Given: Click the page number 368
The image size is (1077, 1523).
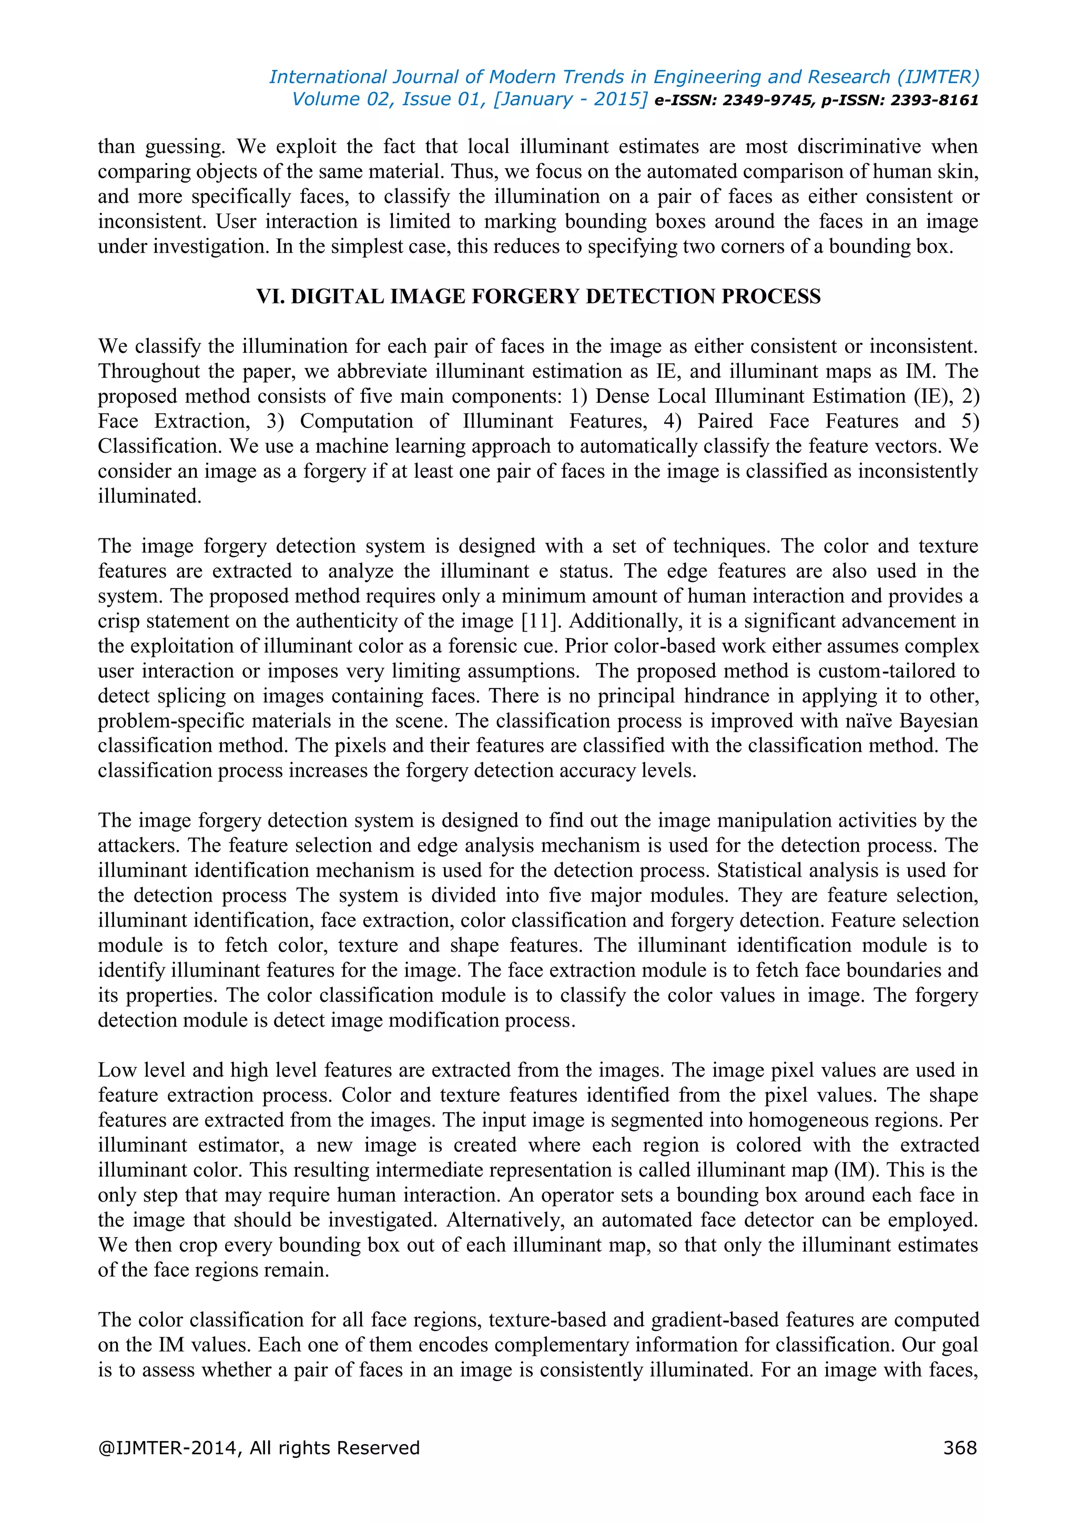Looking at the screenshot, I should click(960, 1448).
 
